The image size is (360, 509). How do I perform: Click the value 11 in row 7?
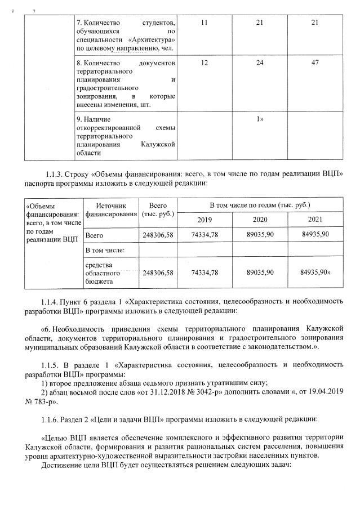coord(204,22)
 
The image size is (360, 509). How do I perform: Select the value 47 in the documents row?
coord(315,62)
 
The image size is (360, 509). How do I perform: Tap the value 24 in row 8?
coord(259,62)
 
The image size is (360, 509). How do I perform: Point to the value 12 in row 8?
coord(204,62)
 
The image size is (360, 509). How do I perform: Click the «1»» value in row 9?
coord(260,119)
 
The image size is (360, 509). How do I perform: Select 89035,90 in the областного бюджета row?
coord(260,272)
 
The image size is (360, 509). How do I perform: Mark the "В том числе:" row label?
coord(105,249)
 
